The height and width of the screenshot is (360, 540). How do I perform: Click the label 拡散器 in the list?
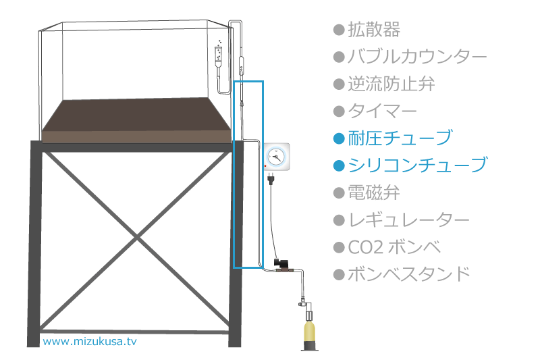374,30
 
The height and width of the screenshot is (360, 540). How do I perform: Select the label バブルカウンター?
417,57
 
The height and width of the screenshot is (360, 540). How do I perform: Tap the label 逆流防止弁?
391,84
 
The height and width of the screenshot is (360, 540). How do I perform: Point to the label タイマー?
382,111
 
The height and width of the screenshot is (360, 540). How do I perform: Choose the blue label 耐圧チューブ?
400,138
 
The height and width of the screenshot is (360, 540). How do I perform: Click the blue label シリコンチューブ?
417,165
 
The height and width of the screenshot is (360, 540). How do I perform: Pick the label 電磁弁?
374,192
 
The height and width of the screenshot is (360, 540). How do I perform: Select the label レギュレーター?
409,220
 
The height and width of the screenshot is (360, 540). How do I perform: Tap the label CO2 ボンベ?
394,247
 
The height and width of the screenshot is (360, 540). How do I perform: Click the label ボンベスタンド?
409,274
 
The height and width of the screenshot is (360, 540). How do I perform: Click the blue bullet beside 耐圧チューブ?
340,139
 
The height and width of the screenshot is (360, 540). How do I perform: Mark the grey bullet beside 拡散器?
340,30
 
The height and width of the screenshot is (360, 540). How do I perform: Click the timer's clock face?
276,157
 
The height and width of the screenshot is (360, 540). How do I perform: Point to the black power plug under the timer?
271,179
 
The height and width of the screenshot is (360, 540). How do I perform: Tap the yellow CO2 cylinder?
309,332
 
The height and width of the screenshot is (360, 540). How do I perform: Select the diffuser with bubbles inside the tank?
218,54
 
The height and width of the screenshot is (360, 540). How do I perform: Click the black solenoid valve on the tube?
279,263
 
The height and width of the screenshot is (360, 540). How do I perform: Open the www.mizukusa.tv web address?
90,341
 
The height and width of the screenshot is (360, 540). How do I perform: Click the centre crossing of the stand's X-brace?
137,237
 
